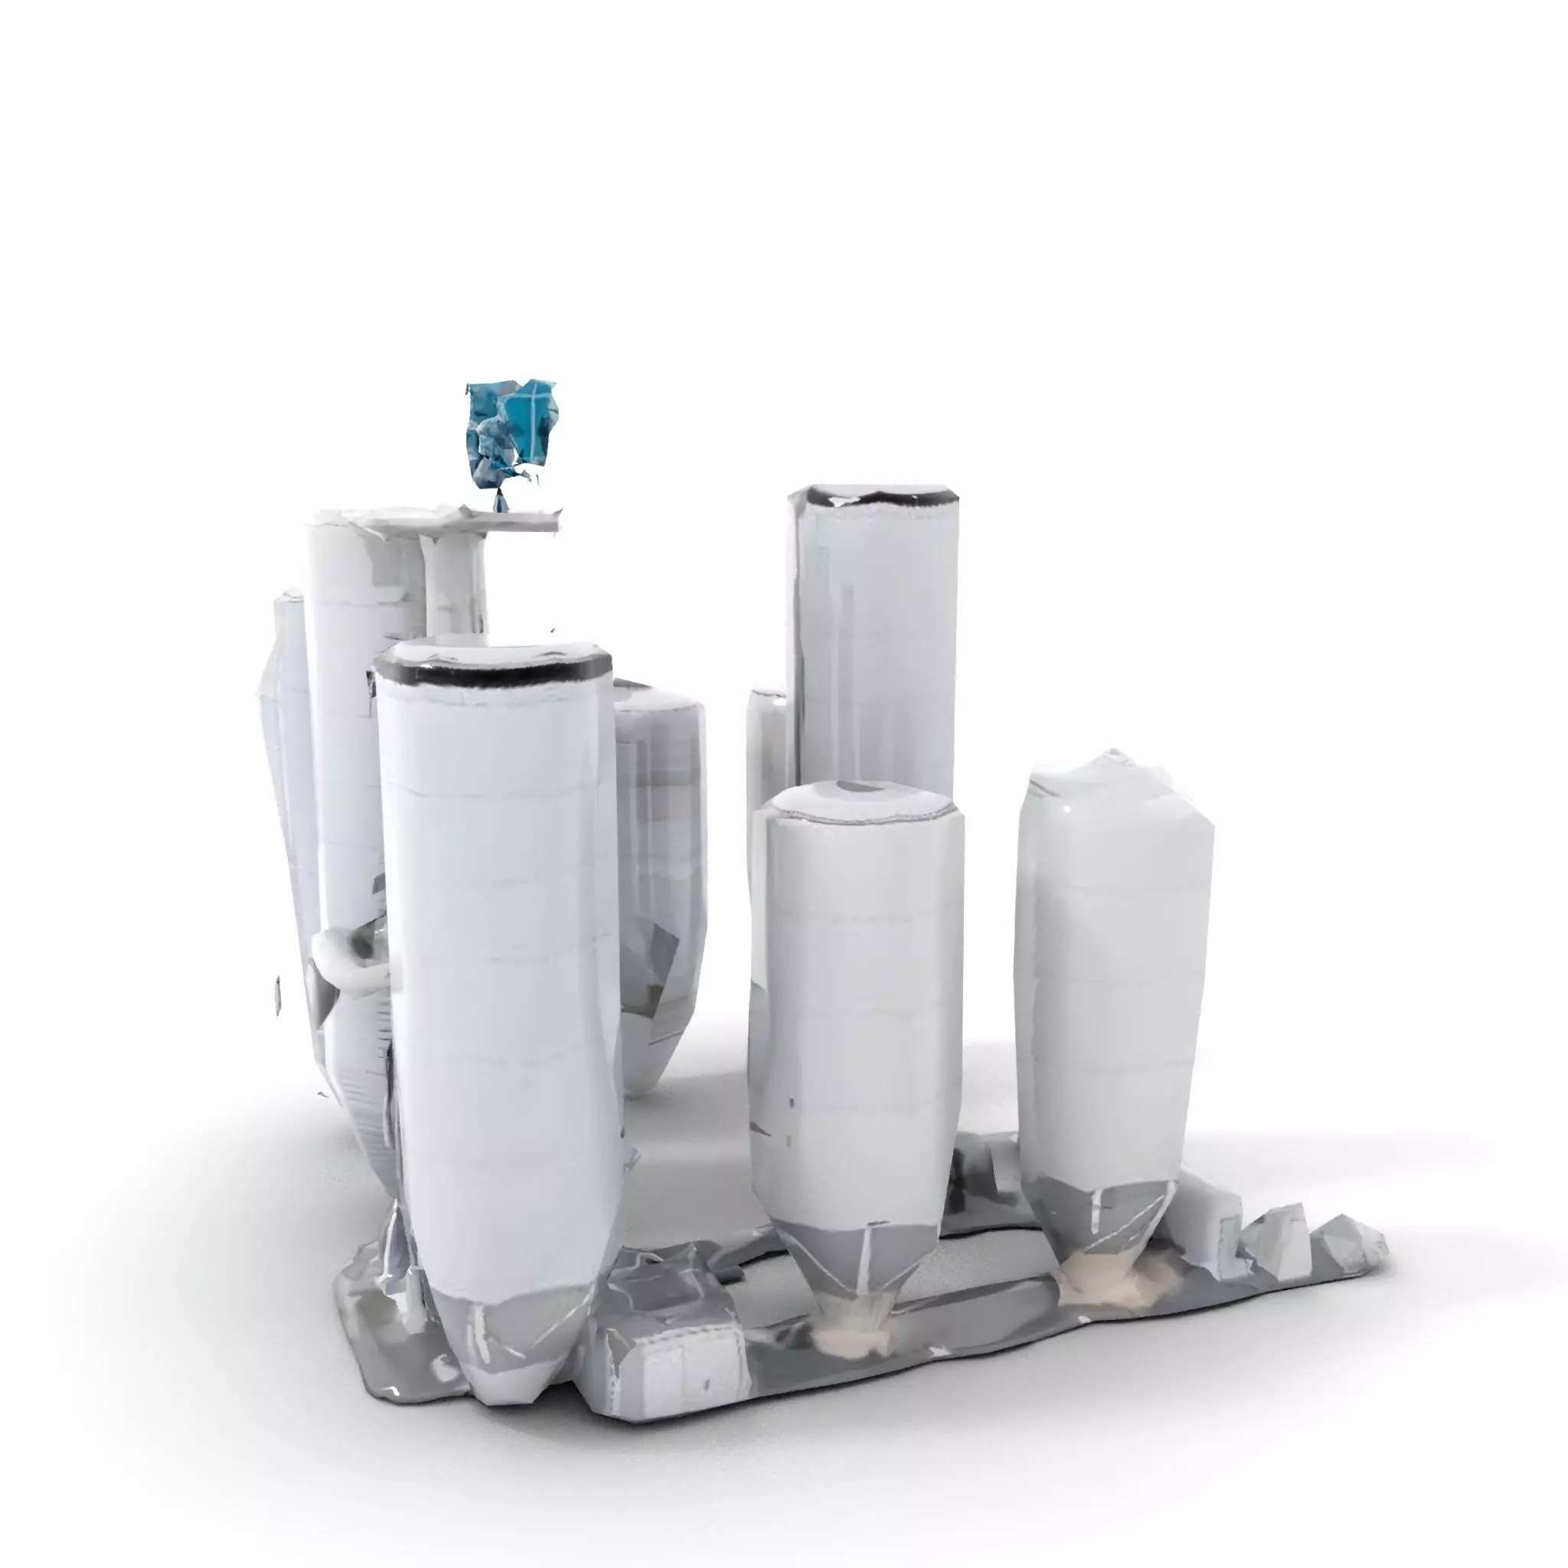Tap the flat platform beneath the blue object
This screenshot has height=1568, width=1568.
(x=487, y=519)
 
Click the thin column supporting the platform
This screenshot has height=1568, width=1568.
(x=455, y=584)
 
